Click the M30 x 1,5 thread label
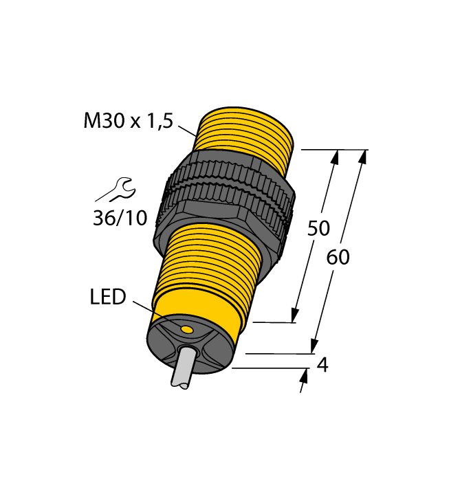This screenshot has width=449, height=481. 128,121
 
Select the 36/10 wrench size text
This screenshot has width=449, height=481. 120,218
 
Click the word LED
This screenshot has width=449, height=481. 108,297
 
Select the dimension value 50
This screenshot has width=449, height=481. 319,228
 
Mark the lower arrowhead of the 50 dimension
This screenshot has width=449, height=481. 296,315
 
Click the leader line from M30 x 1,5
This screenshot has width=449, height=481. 187,131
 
